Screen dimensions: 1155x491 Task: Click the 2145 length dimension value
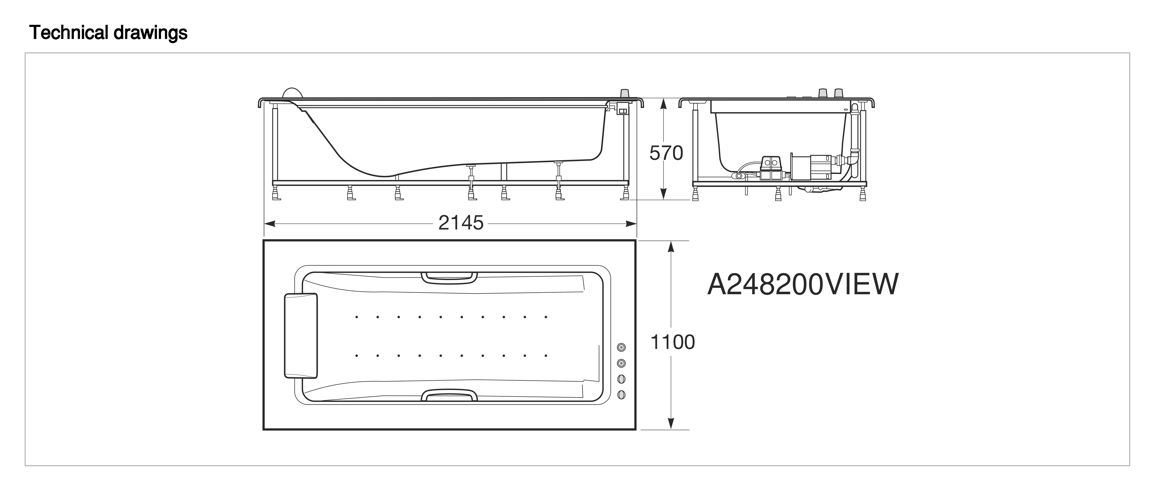point(461,223)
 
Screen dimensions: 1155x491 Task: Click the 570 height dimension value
point(666,153)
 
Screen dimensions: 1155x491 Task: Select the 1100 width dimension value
point(673,342)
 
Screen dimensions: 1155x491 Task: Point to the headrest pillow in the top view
point(301,335)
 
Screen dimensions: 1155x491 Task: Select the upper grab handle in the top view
point(449,278)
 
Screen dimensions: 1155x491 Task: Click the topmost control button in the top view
point(621,347)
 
